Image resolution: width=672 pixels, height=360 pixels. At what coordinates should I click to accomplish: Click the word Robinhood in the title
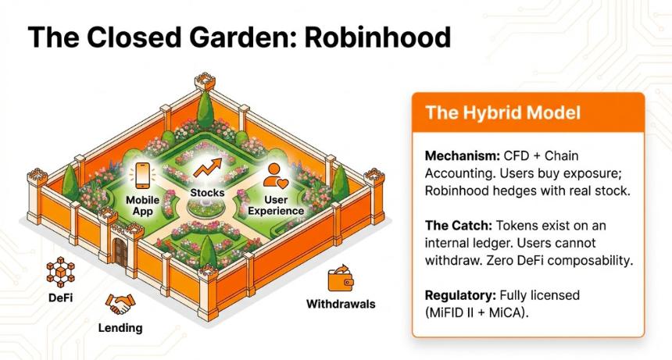(x=377, y=37)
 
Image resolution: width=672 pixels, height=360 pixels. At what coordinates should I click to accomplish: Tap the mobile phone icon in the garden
(x=142, y=175)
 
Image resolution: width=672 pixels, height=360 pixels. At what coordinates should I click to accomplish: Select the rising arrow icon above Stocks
(x=208, y=168)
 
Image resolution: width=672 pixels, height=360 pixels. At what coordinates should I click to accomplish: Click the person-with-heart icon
(x=276, y=176)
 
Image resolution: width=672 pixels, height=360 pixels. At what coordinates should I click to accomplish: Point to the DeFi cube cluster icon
(x=60, y=272)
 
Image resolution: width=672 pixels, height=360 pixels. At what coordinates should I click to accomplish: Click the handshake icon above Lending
(x=120, y=304)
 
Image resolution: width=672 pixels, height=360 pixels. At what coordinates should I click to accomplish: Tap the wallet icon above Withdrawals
(x=341, y=278)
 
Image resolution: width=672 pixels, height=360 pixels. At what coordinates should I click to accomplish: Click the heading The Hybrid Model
(x=502, y=112)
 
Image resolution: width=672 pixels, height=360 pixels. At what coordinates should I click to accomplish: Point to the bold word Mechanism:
(x=463, y=156)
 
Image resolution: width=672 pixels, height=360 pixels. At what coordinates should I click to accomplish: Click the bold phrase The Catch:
(x=458, y=225)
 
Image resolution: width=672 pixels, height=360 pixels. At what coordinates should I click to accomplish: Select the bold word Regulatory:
(x=460, y=295)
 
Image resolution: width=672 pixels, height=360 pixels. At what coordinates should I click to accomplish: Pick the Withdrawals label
(x=341, y=305)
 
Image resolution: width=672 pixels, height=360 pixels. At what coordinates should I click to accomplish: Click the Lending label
(x=120, y=328)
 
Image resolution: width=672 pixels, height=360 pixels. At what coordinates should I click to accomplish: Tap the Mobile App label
(x=142, y=205)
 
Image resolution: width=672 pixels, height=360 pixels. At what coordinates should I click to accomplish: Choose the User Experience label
(x=276, y=205)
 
